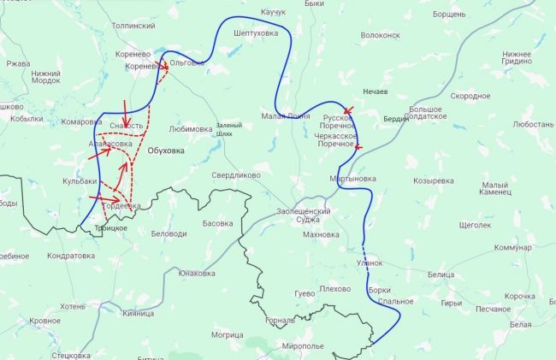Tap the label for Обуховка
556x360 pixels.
click(x=166, y=151)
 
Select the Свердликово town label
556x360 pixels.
click(x=235, y=174)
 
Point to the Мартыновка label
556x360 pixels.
click(x=352, y=179)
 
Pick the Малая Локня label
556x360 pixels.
click(x=286, y=115)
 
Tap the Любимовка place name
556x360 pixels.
click(x=191, y=129)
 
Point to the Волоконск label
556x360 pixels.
click(x=381, y=36)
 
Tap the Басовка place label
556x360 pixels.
click(x=217, y=223)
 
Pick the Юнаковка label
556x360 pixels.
click(x=196, y=274)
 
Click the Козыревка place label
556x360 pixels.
click(x=433, y=181)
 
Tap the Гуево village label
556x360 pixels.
click(x=305, y=293)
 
